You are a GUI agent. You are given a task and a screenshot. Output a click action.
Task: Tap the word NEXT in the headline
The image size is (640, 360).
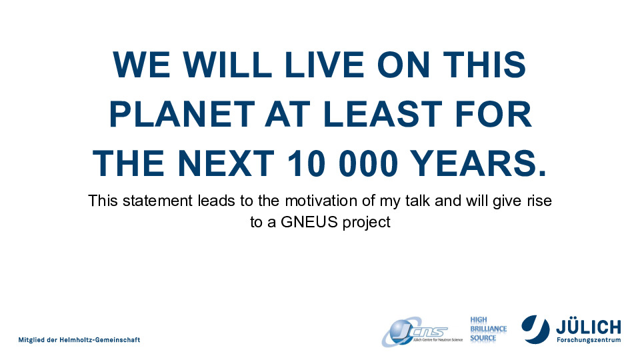click(x=226, y=163)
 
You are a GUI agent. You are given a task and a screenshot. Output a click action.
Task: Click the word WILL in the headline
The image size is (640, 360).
click(x=227, y=65)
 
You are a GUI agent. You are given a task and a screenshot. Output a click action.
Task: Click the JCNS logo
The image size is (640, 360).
click(x=421, y=332)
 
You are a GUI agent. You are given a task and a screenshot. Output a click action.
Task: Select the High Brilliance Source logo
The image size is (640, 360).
click(x=488, y=329)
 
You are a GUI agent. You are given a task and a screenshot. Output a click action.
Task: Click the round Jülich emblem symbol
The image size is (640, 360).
click(x=535, y=329)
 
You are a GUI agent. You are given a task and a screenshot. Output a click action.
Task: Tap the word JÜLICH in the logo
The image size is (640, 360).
click(x=589, y=327)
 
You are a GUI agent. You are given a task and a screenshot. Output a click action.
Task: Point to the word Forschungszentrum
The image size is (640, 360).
click(x=589, y=340)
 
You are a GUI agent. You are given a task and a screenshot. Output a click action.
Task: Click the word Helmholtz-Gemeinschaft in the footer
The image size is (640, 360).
click(x=99, y=339)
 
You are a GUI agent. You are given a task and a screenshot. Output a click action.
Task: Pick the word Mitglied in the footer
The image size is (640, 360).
click(x=31, y=340)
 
